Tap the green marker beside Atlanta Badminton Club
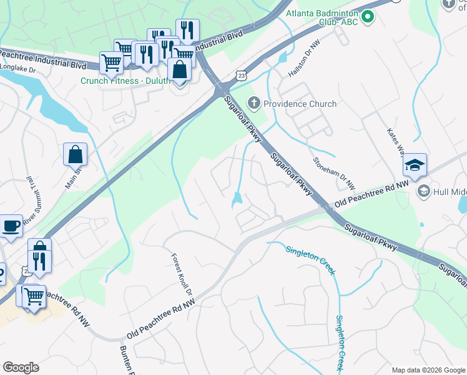coord(368,17)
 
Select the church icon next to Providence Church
coord(254,103)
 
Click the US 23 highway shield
coord(242,75)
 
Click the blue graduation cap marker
coord(415,166)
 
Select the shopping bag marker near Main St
coord(75,154)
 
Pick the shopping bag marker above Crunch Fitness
coord(180,70)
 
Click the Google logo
coord(21,367)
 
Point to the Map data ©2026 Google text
coord(428,369)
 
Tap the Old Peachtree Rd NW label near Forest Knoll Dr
coord(161,317)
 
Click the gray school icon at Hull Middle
coord(424,191)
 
